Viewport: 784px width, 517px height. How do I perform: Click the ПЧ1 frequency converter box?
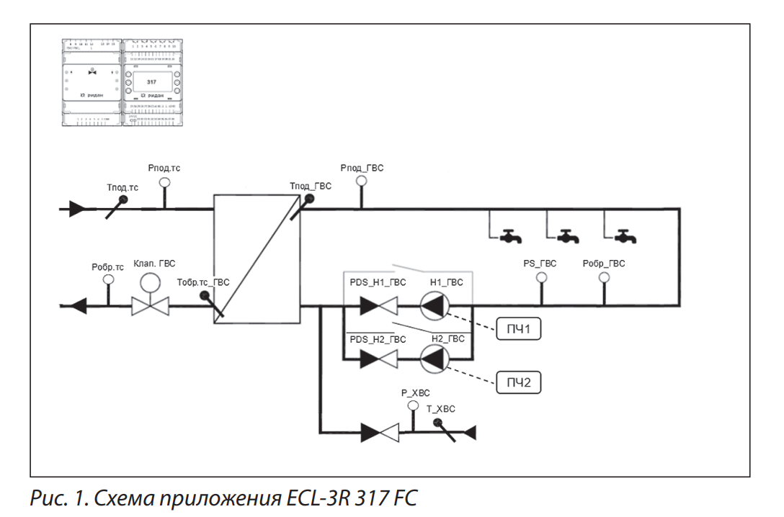pos(518,330)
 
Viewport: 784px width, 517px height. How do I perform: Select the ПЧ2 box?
pos(518,382)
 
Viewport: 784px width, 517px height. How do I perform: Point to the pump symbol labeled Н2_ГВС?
pos(435,358)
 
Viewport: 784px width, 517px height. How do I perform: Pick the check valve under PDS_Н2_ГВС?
pos(379,358)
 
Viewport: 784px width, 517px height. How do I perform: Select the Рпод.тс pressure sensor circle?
pos(164,182)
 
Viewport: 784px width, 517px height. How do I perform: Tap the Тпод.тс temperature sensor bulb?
pos(122,199)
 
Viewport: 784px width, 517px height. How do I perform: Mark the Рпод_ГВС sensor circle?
pos(362,181)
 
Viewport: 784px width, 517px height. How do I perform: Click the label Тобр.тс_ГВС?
pos(203,282)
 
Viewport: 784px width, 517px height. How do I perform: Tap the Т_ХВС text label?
pos(440,408)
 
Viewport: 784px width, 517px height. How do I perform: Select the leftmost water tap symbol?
pos(512,235)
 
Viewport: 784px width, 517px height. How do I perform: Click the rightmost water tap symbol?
pos(626,235)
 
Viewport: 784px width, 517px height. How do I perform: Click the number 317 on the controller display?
pos(151,83)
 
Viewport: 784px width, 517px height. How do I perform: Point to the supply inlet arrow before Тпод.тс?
pos(79,210)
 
